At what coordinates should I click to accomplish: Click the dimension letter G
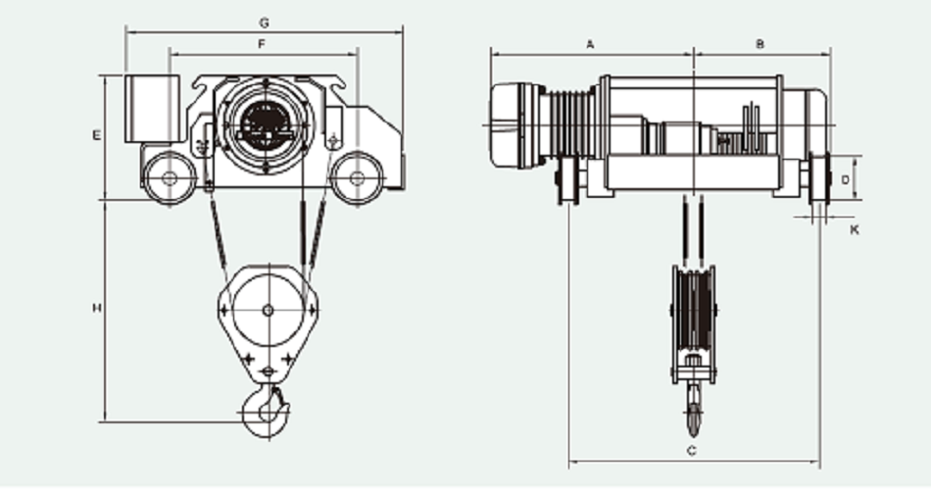[264, 22]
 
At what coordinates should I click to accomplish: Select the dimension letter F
[262, 44]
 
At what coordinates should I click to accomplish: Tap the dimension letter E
[97, 135]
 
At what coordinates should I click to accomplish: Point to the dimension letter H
[97, 309]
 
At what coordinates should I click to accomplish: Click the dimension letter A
[590, 44]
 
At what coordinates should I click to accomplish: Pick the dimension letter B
[759, 44]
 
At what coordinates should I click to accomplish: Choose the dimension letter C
[691, 451]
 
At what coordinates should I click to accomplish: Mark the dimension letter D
[846, 179]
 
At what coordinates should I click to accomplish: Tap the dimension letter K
[855, 229]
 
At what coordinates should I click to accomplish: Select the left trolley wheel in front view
[169, 178]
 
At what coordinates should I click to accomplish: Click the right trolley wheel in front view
[356, 178]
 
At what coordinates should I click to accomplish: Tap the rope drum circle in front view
[264, 125]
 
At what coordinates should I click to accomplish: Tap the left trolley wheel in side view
[567, 183]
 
